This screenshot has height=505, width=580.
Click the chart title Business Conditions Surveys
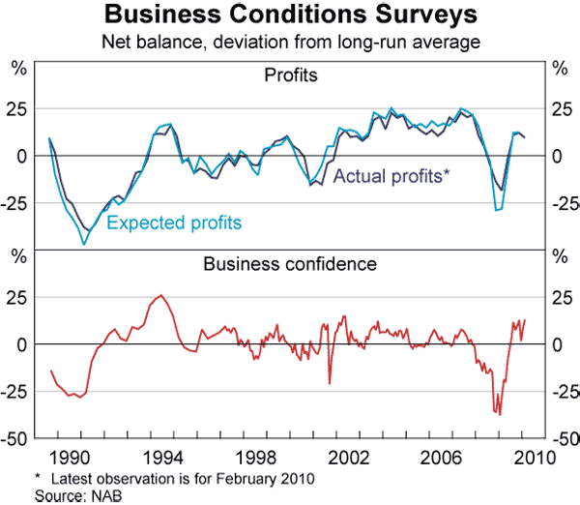(x=290, y=15)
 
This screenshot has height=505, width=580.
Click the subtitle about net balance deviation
(x=290, y=42)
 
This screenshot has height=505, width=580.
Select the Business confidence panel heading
(x=289, y=262)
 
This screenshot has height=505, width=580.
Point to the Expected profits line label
(x=174, y=223)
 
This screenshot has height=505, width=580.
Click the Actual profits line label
(x=391, y=176)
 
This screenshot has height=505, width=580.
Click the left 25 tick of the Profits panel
(x=17, y=108)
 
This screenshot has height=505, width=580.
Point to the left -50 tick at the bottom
(x=15, y=438)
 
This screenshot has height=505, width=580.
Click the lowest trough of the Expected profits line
(x=84, y=245)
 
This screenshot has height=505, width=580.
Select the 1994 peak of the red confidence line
(x=160, y=295)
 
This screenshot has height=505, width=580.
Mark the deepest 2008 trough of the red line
(x=499, y=414)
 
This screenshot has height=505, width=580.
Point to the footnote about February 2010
(x=175, y=479)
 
